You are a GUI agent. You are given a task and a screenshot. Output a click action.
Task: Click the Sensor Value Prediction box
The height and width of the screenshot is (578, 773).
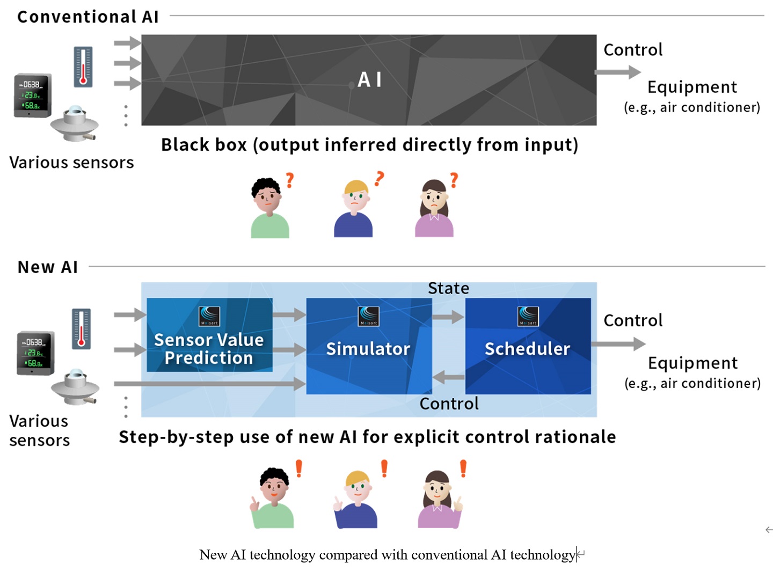(209, 335)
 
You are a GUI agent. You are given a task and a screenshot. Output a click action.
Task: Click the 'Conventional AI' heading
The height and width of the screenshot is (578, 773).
(88, 17)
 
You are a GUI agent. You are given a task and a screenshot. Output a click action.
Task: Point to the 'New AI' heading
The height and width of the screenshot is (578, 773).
(48, 267)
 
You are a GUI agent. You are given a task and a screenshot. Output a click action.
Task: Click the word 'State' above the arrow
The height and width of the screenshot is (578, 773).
(448, 288)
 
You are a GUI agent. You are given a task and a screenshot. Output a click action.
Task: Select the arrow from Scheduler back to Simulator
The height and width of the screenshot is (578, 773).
(448, 377)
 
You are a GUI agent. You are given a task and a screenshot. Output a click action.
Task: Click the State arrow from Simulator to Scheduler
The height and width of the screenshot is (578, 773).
(448, 317)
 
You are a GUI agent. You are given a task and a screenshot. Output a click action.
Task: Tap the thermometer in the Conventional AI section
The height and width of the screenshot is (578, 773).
(83, 67)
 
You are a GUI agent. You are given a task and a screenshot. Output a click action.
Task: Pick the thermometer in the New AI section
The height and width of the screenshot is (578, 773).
(81, 328)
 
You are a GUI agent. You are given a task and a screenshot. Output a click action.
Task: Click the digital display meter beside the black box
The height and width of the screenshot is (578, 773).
(33, 95)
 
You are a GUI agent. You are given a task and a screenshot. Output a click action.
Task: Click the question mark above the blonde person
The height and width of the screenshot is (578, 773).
(380, 178)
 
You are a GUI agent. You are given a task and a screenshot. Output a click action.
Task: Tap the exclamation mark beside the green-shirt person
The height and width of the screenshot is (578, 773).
(299, 469)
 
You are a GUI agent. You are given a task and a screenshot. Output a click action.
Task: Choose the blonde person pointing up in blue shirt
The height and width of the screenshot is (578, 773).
(356, 499)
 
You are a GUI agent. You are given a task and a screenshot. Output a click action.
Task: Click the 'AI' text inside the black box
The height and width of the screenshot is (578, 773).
(369, 79)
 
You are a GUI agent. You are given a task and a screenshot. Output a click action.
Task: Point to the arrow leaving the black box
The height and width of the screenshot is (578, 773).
(618, 72)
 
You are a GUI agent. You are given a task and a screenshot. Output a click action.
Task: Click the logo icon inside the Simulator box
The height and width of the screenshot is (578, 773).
(369, 316)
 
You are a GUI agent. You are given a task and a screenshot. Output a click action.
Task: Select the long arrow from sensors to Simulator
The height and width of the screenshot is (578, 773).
(209, 384)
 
